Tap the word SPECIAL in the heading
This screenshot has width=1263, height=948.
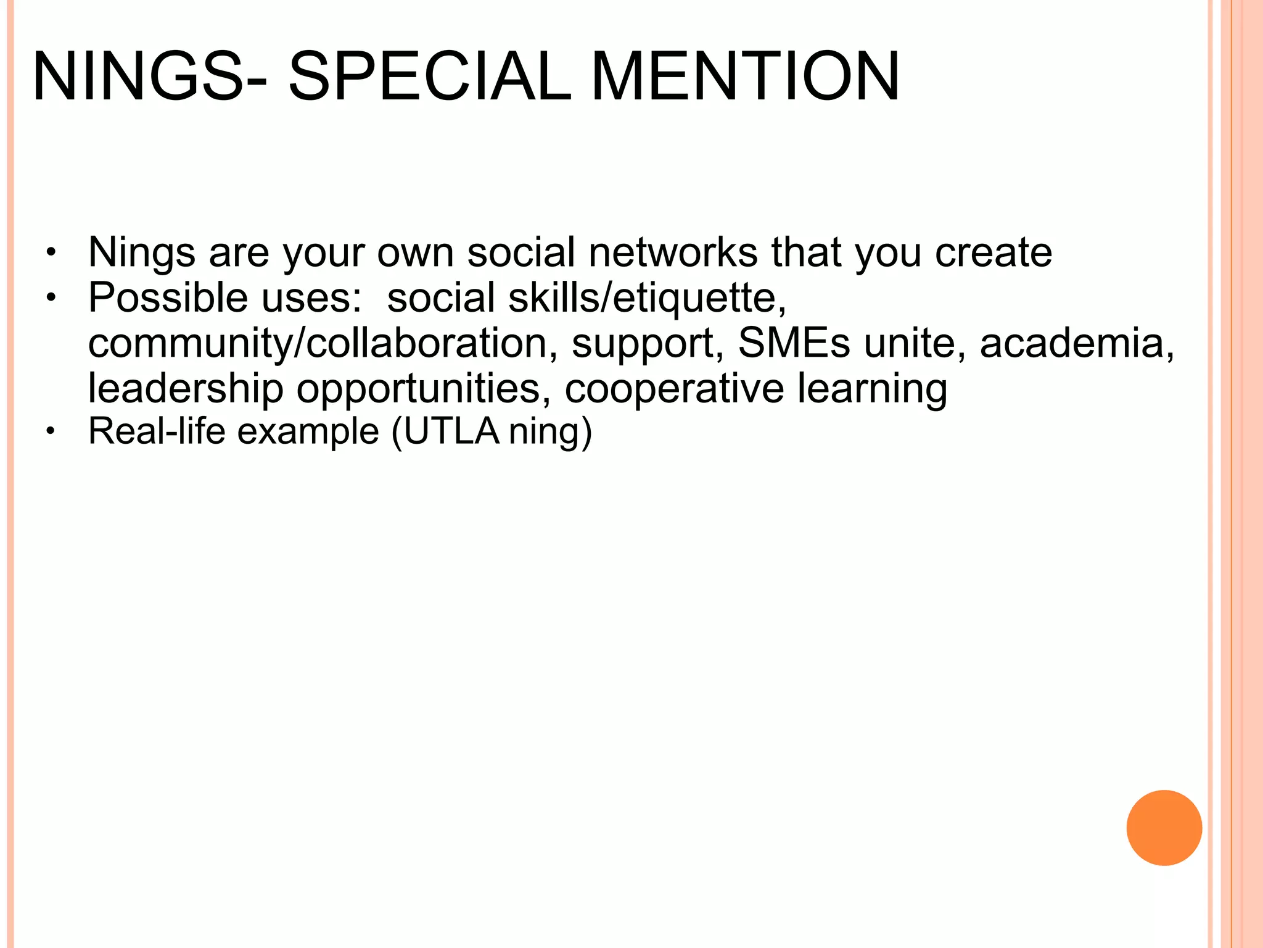pyautogui.click(x=429, y=77)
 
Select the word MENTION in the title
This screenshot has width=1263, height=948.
pyautogui.click(x=746, y=77)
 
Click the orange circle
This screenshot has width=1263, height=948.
pyautogui.click(x=1164, y=828)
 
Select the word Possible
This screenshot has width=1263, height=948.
pyautogui.click(x=168, y=297)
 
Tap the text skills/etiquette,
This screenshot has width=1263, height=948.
pyautogui.click(x=648, y=297)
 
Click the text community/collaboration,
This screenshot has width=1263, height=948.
pyautogui.click(x=318, y=343)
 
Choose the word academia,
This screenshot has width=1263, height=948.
pyautogui.click(x=1077, y=343)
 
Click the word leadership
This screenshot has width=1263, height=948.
pyautogui.click(x=186, y=389)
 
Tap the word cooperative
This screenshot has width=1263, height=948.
pyautogui.click(x=674, y=389)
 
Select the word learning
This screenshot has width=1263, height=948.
pyautogui.click(x=872, y=389)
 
